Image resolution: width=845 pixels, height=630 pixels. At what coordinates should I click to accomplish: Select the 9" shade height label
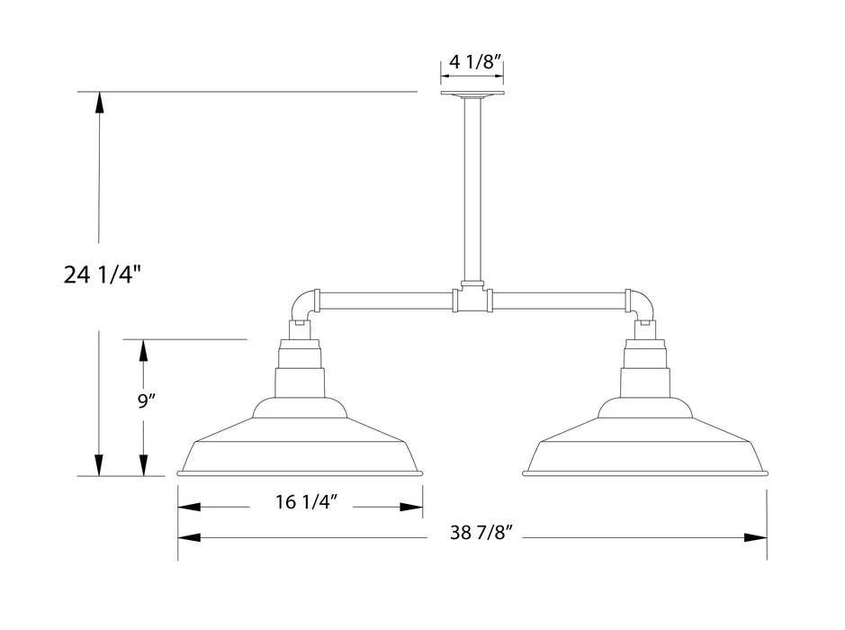(147, 401)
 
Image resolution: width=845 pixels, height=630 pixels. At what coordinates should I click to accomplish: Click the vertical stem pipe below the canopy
(472, 189)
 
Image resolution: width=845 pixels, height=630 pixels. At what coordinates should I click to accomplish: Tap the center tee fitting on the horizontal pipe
(472, 298)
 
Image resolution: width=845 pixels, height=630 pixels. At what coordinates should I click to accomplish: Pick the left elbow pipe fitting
(303, 304)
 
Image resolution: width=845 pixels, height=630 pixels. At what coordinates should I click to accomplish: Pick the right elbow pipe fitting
(641, 304)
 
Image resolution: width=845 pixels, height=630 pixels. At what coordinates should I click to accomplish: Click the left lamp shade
(301, 445)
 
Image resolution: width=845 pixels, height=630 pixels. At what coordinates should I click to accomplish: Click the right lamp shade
(645, 445)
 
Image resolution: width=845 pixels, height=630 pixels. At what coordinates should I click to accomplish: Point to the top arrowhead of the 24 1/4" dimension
(100, 102)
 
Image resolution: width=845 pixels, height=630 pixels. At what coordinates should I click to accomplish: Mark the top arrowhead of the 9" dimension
(142, 349)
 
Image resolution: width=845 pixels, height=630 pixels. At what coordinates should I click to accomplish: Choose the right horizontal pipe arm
(558, 299)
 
